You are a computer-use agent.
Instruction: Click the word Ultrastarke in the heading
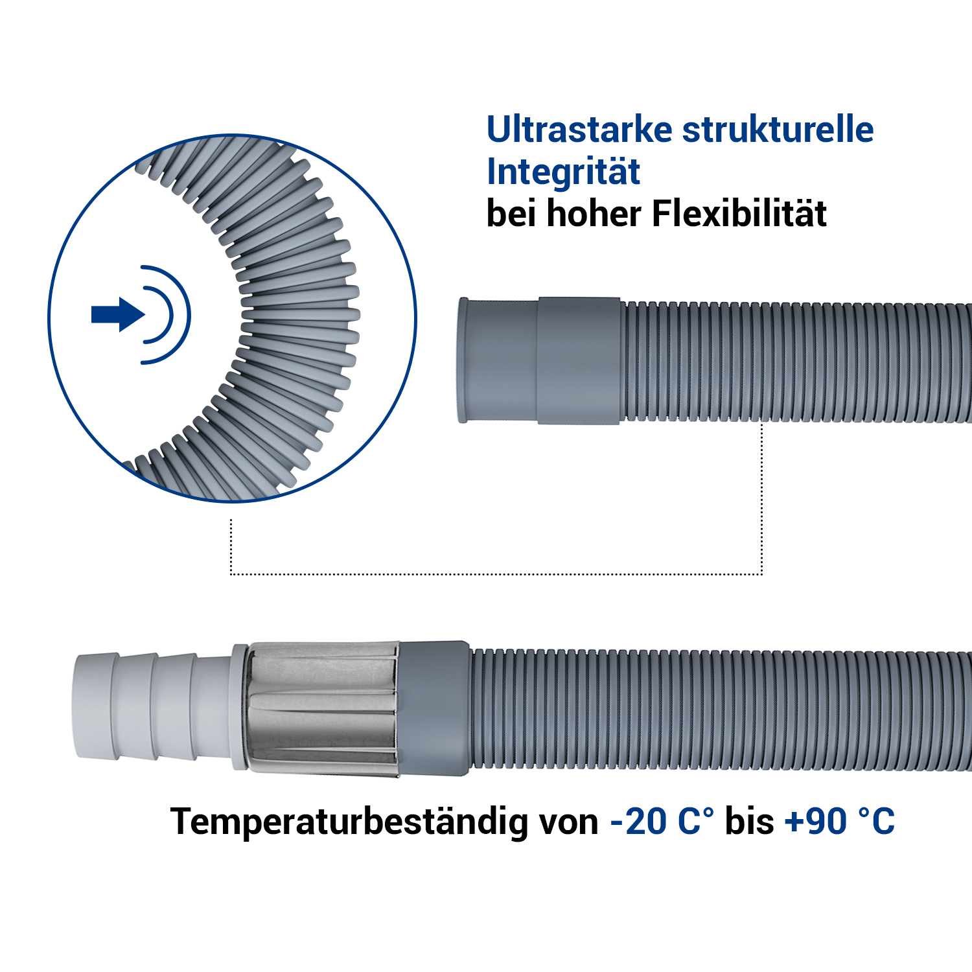(x=580, y=130)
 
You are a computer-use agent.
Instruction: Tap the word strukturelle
(x=778, y=130)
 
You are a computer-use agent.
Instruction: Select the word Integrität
(x=563, y=171)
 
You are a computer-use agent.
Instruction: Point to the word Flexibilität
(x=739, y=213)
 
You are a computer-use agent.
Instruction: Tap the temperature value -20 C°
(x=662, y=822)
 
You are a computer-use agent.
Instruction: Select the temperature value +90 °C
(x=839, y=822)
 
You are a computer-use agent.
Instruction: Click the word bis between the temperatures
(x=749, y=822)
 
